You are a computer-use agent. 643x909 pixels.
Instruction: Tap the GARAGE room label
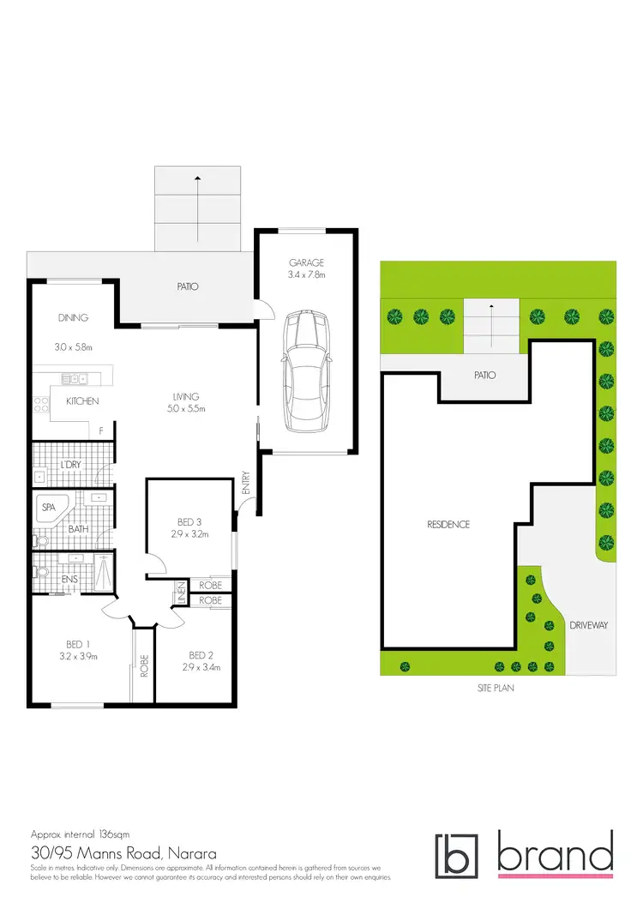pyautogui.click(x=307, y=263)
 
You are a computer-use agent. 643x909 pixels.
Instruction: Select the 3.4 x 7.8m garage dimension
pyautogui.click(x=307, y=275)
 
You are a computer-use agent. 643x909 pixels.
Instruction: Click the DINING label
pyautogui.click(x=73, y=318)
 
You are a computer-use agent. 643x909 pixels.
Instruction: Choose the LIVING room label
pyautogui.click(x=185, y=396)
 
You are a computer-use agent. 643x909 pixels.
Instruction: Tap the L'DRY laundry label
pyautogui.click(x=70, y=465)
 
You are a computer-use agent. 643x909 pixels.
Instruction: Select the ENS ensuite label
pyautogui.click(x=70, y=579)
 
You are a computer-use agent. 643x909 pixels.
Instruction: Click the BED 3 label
pyautogui.click(x=189, y=522)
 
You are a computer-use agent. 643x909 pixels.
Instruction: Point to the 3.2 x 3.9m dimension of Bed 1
pyautogui.click(x=78, y=657)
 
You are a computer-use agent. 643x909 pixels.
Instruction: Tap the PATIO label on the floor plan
pyautogui.click(x=188, y=286)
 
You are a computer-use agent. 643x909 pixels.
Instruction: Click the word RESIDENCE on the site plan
pyautogui.click(x=448, y=524)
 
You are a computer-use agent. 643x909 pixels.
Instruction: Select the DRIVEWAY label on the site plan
pyautogui.click(x=588, y=625)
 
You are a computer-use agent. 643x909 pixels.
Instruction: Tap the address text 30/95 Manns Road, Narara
pyautogui.click(x=123, y=854)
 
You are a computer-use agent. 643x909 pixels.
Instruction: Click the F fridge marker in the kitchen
pyautogui.click(x=102, y=430)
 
